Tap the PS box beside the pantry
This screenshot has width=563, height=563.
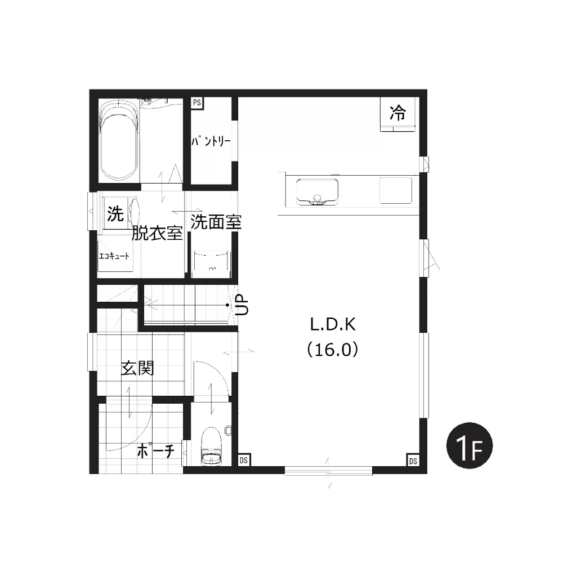pos(196,103)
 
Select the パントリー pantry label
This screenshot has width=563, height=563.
pos(211,141)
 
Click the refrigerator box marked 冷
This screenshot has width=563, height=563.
pos(398,114)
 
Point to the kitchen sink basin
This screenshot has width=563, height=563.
pos(317,192)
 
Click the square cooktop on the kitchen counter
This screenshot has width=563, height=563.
pos(396,190)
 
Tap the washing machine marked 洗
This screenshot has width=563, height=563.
pos(115,213)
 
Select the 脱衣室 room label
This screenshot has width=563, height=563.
pos(157,234)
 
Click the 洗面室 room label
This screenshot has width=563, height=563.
pos(216,222)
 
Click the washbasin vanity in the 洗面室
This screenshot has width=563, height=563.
pos(211,264)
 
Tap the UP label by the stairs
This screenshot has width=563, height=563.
pos(242,305)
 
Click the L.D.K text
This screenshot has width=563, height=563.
pos(333,325)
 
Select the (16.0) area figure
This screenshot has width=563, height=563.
pos(333,349)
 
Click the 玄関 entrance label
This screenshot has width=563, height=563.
pos(137,368)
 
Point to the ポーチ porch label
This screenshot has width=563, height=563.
pos(156,451)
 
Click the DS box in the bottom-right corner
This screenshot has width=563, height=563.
pos(413,461)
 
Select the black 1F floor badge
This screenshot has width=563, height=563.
pos(470,445)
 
